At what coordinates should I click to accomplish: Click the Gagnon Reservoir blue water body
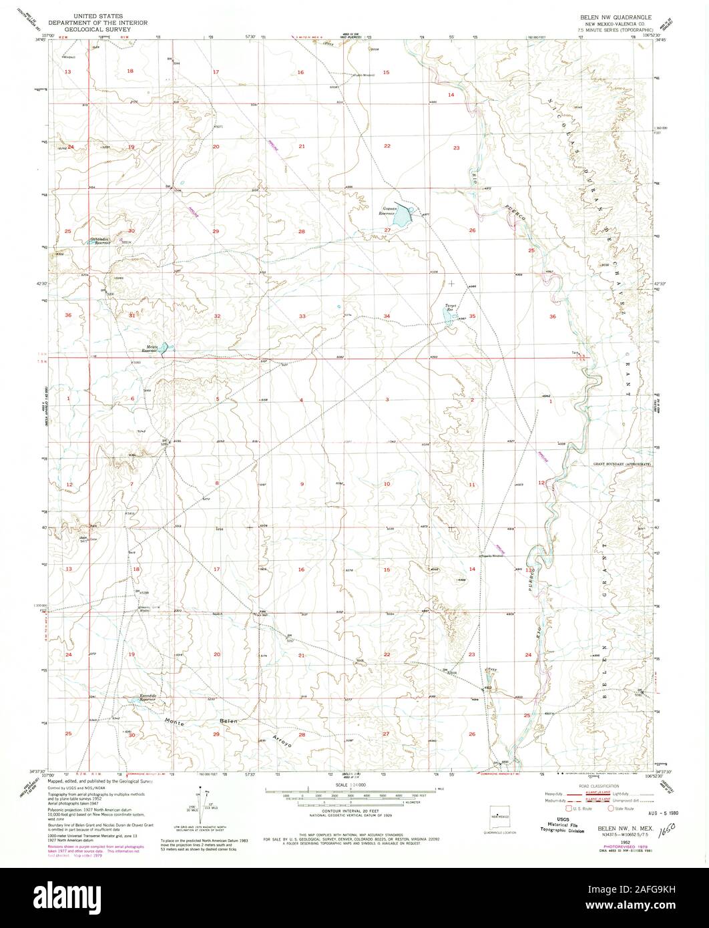point(402,218)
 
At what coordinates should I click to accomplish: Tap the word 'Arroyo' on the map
point(282,740)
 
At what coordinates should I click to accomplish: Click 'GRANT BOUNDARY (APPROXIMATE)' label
point(622,463)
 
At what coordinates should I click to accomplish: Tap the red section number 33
point(302,316)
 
